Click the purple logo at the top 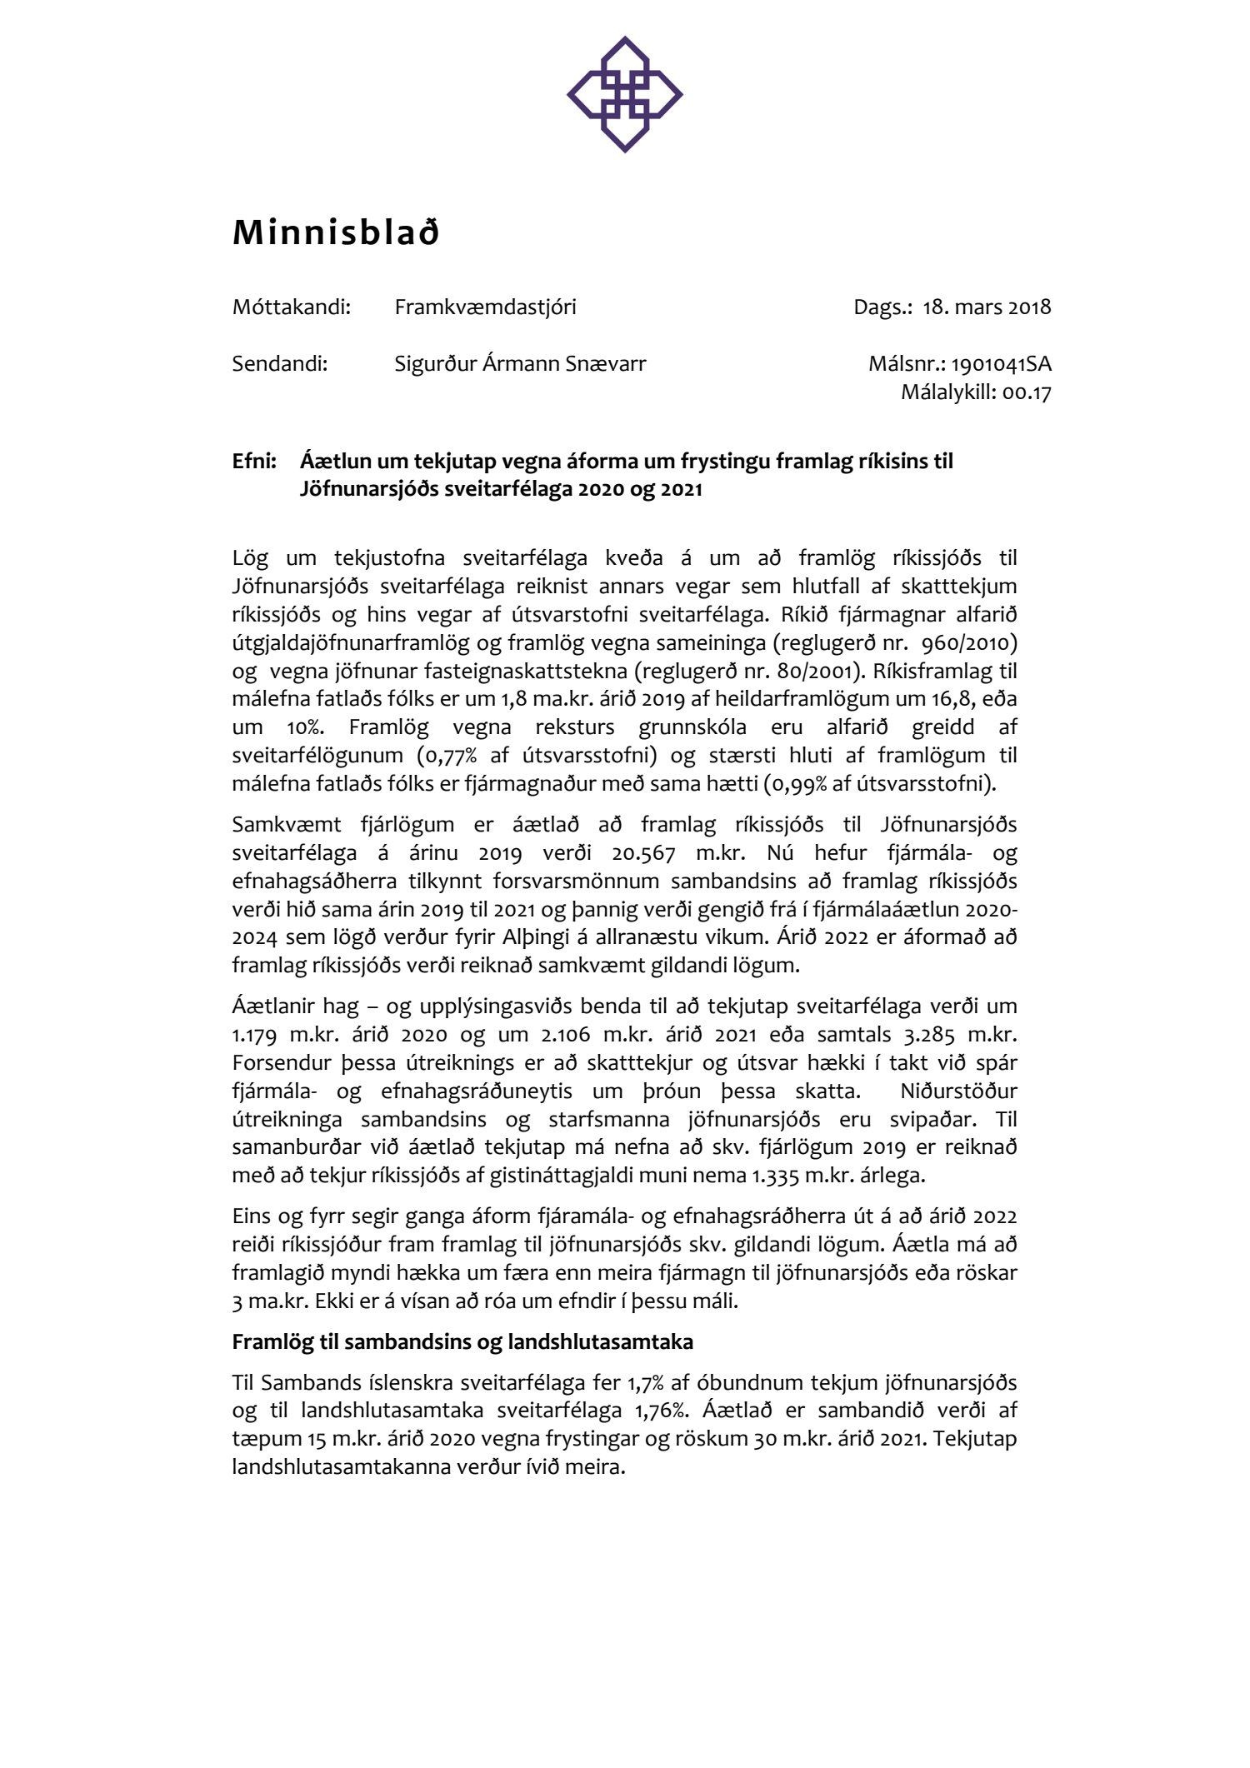(x=624, y=94)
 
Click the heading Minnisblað (x=335, y=233)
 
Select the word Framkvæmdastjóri (x=485, y=307)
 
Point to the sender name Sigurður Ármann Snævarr (x=520, y=364)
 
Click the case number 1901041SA (x=1001, y=364)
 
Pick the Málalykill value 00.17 (x=1027, y=392)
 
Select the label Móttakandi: (x=292, y=307)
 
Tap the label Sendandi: (x=280, y=364)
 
